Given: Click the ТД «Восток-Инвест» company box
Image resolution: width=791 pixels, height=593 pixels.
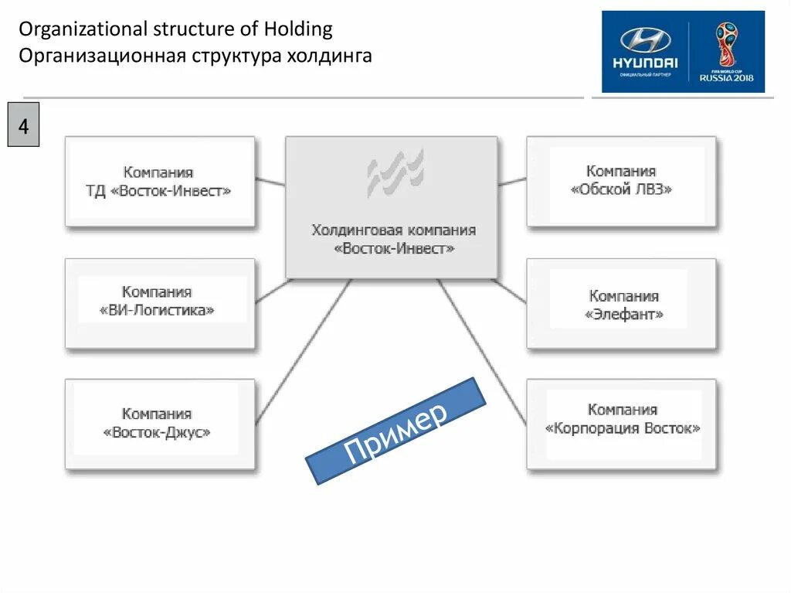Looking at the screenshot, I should point(159,182).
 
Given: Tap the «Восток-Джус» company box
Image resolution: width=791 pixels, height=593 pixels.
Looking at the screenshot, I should point(159,424).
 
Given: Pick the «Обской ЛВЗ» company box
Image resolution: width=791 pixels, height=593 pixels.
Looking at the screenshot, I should point(621,182).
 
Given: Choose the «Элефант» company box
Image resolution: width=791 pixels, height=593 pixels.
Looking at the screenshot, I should point(621,304).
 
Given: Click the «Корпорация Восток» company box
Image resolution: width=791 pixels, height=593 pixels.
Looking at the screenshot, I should point(621,423).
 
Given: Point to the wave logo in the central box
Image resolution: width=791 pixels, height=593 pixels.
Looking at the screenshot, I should point(395,172).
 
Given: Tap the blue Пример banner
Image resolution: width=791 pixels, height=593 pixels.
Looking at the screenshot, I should point(395,430).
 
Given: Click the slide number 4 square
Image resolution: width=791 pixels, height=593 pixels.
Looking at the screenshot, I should point(23,126).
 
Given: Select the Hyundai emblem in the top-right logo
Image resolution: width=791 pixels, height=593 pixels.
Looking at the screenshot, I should point(646,41).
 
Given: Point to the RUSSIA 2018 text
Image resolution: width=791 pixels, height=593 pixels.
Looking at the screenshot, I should point(726,77).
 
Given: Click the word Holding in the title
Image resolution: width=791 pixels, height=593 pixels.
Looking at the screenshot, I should point(297,30).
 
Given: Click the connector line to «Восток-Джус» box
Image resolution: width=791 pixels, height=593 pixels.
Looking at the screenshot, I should point(303,350).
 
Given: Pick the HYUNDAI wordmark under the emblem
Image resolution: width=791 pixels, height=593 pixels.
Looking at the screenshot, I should point(645,63).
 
